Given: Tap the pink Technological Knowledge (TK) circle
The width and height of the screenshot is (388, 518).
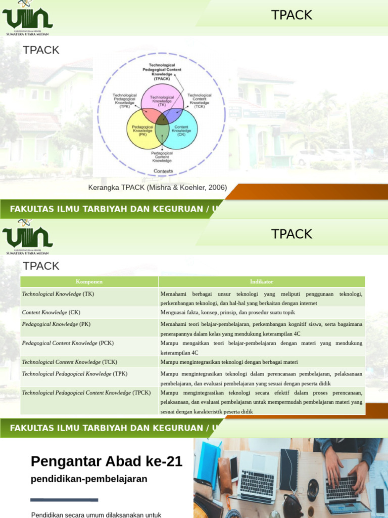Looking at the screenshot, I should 162,99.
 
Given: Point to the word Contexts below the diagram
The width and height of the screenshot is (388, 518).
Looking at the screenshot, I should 163,171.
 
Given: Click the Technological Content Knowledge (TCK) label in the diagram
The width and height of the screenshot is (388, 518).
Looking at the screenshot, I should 200,101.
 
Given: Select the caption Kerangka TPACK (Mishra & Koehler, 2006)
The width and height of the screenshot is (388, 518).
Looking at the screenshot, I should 158,188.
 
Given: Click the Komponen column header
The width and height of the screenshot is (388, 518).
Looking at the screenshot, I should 89,282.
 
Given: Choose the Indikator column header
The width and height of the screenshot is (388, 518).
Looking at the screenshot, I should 261,282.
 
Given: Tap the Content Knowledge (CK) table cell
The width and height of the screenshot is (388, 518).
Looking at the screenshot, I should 51,312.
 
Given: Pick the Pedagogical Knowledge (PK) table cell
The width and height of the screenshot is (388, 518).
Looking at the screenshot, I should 56,324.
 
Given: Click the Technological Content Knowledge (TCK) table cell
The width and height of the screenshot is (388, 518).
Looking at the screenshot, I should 70,362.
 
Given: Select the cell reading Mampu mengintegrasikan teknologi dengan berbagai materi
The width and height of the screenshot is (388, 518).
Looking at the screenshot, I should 229,362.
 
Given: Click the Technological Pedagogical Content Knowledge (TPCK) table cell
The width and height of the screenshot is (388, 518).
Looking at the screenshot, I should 86,393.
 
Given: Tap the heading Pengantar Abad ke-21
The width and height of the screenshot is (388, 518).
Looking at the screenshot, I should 107,461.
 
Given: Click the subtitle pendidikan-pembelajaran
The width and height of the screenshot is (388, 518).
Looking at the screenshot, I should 89,479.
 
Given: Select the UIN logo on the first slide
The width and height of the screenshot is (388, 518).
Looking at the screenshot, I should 27,19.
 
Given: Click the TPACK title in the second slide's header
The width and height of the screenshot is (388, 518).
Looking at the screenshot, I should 292,234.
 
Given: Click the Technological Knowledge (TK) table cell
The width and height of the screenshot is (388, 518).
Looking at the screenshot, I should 58,294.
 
